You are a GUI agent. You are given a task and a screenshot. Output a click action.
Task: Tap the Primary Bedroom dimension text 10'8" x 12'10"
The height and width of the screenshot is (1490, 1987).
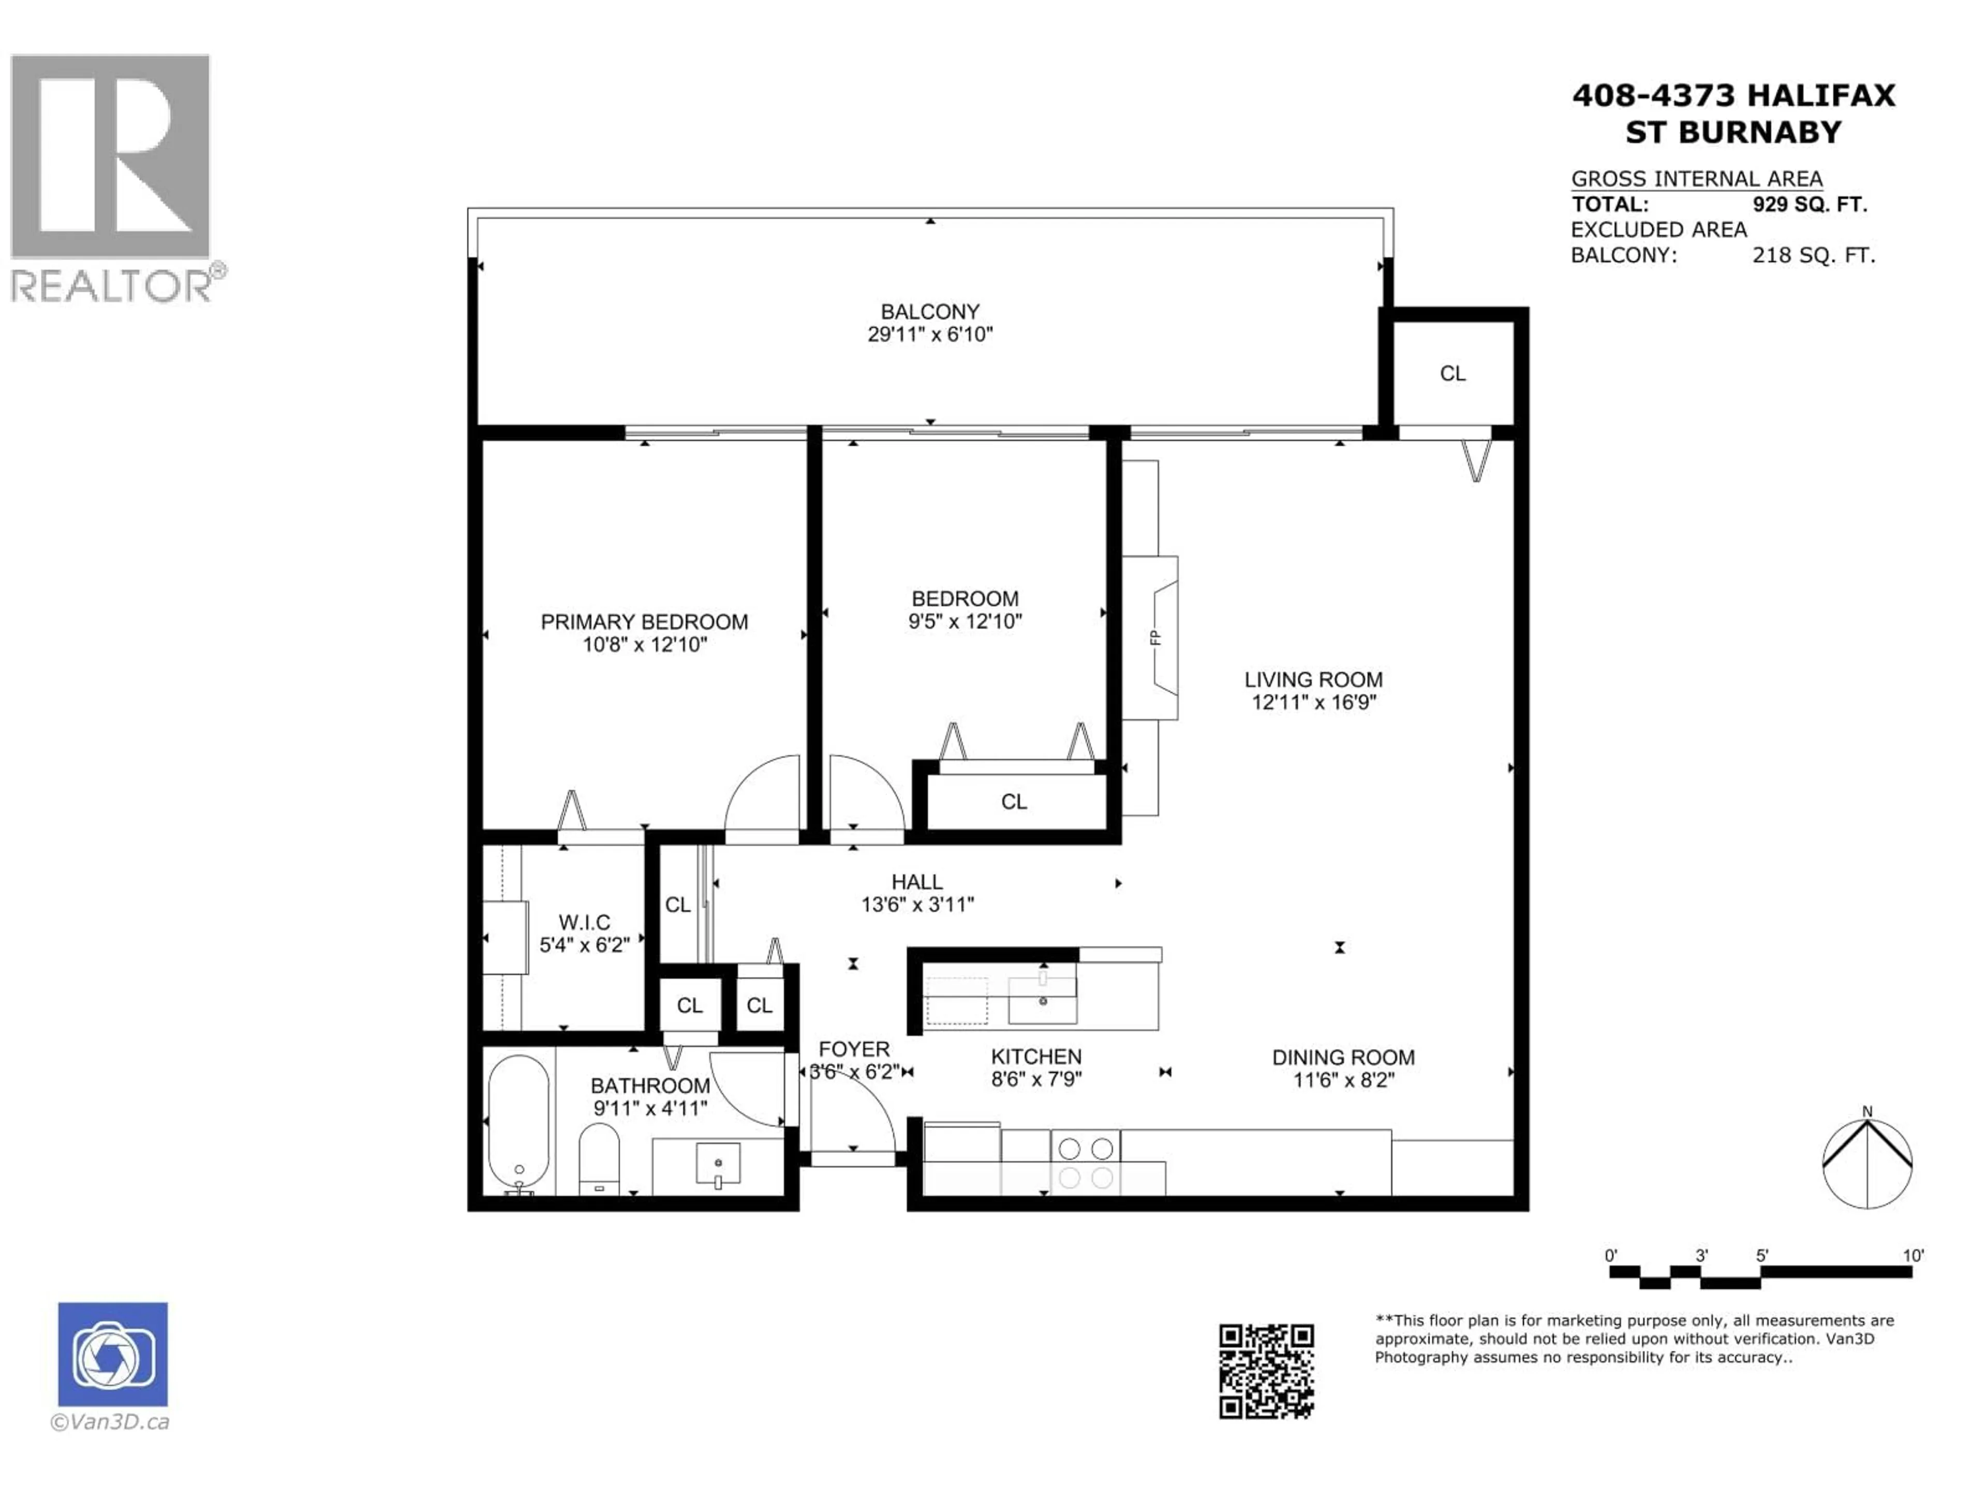point(644,645)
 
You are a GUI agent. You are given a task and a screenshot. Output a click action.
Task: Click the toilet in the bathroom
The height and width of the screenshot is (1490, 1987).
point(599,1158)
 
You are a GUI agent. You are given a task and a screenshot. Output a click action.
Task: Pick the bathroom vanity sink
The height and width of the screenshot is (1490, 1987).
point(718,1165)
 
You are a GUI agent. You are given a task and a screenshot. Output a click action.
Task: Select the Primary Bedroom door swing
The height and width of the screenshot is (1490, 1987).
point(764,795)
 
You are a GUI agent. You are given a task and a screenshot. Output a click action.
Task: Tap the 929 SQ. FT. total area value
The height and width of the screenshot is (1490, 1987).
point(1809,205)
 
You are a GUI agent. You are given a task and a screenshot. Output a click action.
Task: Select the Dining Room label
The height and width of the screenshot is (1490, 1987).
point(1342,1058)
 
